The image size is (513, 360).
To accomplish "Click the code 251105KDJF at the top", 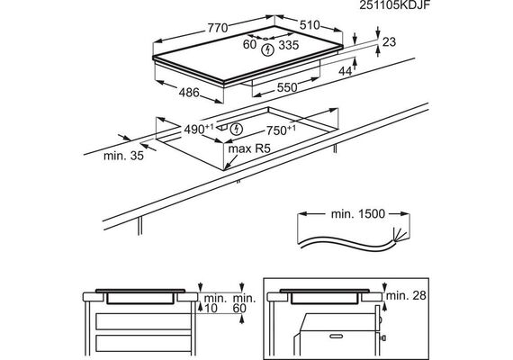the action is click(394, 5).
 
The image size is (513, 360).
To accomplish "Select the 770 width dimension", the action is click(218, 28).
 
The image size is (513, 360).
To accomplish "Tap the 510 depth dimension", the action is click(310, 25).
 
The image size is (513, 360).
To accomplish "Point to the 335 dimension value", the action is click(289, 45).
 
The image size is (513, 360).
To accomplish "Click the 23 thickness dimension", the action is click(389, 42).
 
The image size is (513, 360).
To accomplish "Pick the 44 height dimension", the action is click(346, 71).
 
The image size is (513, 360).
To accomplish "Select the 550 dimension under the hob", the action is click(287, 87).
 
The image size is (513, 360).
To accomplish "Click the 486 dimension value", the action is click(189, 93).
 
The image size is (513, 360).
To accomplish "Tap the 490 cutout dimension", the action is click(199, 130).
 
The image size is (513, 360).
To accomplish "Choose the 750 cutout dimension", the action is click(281, 130).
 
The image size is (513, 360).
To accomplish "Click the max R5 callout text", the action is click(249, 148).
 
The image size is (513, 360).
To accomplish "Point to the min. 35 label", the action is click(123, 156).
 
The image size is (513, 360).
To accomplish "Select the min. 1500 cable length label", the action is click(358, 214).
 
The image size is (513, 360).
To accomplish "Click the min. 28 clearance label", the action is click(406, 295).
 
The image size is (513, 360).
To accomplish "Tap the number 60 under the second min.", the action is click(239, 308).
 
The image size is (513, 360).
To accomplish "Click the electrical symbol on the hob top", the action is click(268, 50).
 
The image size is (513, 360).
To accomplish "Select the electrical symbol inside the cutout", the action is click(236, 129).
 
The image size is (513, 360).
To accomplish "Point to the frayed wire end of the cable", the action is click(399, 234).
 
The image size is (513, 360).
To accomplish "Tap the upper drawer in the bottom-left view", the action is click(143, 321).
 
